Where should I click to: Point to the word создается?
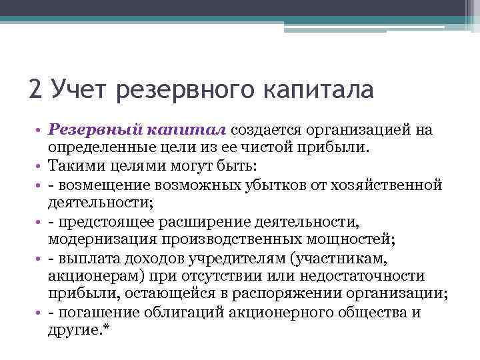tap(263, 129)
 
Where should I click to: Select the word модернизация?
tap(93, 239)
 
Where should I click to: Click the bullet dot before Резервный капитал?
tap(40, 129)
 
